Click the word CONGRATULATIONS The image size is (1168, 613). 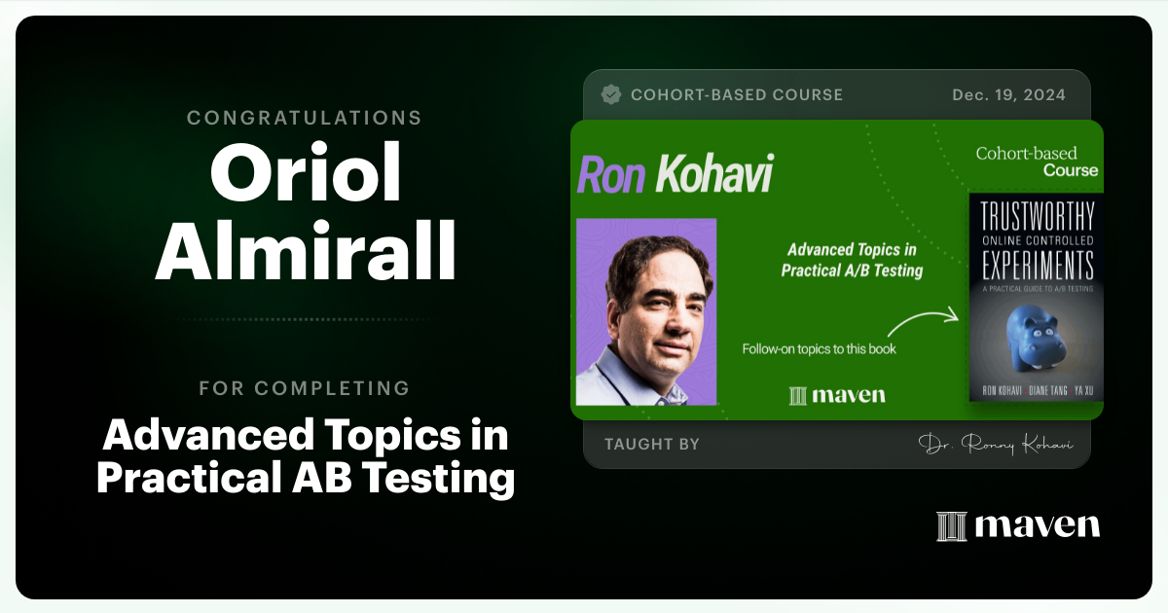click(x=305, y=118)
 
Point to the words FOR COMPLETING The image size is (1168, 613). click(x=305, y=388)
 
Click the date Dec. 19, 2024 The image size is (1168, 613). click(x=1008, y=95)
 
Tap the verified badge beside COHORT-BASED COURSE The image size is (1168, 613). click(x=611, y=94)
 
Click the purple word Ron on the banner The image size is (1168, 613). click(x=611, y=175)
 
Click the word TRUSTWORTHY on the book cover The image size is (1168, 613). click(x=1036, y=217)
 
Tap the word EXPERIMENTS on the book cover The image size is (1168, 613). click(x=1036, y=266)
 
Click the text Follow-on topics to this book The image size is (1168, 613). click(x=819, y=348)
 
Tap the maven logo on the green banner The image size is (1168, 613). click(x=838, y=395)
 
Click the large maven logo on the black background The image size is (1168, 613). click(x=1018, y=525)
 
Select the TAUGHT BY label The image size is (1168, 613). click(x=652, y=444)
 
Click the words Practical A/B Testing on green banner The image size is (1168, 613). click(x=852, y=270)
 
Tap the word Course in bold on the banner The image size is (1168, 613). click(x=1071, y=170)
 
